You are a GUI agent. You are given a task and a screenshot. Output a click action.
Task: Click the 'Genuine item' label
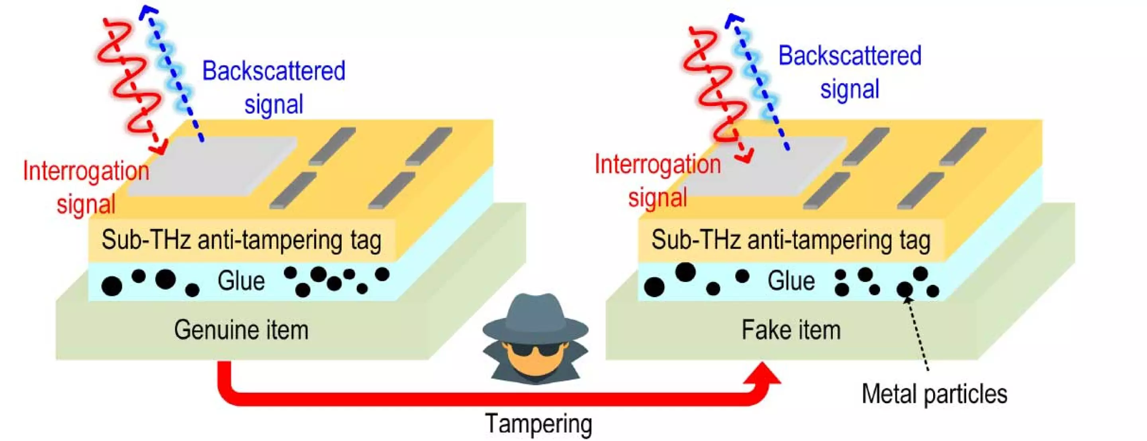click(241, 330)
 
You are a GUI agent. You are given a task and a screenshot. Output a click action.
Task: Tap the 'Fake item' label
click(791, 330)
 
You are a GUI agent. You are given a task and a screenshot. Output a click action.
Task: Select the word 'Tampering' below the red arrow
click(538, 423)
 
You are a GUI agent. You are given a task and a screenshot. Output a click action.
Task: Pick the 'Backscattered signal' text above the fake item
click(849, 72)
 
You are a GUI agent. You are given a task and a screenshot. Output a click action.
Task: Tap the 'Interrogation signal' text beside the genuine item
click(86, 188)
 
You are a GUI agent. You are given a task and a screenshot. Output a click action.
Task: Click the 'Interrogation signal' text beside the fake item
click(658, 181)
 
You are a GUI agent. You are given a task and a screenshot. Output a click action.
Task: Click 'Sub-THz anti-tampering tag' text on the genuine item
click(241, 240)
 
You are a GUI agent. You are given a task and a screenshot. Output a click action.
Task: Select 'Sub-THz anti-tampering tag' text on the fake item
click(791, 240)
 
